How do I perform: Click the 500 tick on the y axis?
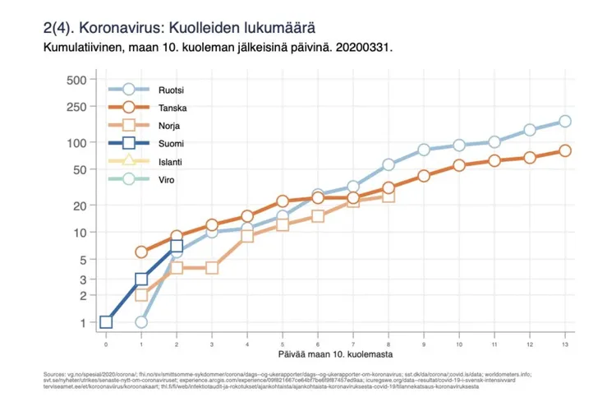(x=76, y=80)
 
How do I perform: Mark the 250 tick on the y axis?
(x=76, y=107)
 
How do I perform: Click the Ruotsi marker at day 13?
(x=565, y=122)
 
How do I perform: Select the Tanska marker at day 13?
(x=565, y=150)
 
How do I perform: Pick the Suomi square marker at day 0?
(x=106, y=322)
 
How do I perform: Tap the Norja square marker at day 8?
(x=388, y=196)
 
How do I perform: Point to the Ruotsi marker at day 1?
(x=141, y=322)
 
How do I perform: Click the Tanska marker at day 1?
(x=141, y=252)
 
